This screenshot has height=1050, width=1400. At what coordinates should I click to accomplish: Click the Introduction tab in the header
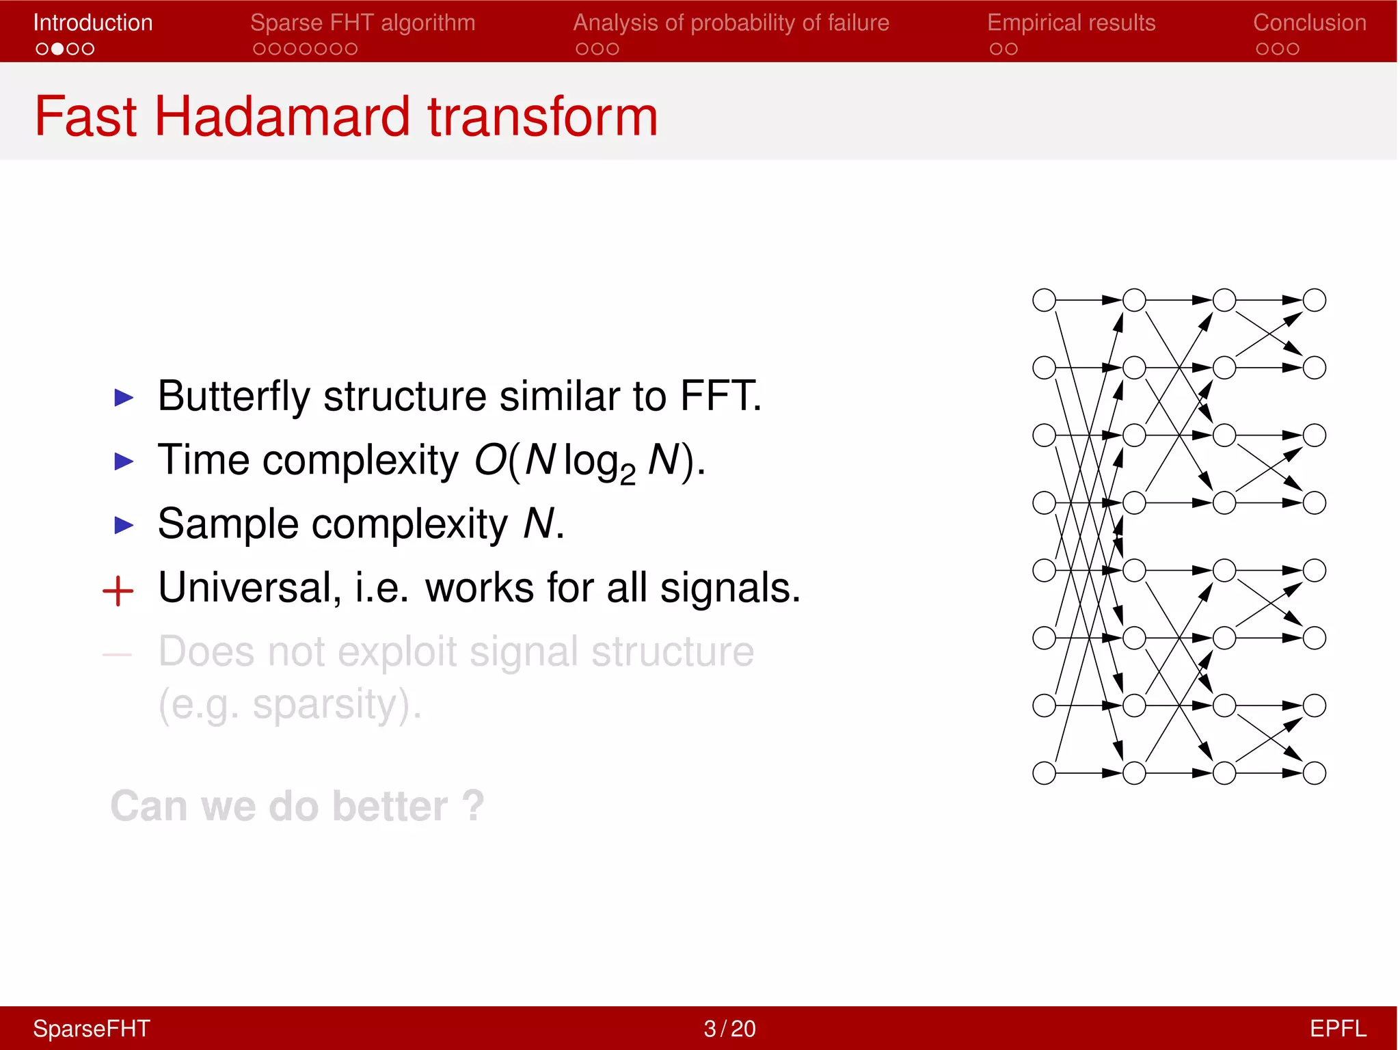pos(93,23)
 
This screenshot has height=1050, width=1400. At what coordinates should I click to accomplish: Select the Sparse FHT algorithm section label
pos(362,23)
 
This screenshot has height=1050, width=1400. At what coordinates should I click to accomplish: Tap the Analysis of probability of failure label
pos(731,23)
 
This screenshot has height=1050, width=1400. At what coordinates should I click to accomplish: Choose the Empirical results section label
pos(1071,23)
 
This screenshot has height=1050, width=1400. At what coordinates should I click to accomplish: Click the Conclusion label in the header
pos(1309,23)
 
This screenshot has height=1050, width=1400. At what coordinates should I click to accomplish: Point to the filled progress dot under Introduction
pos(57,49)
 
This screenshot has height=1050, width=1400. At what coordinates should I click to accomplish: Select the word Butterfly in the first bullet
pos(233,396)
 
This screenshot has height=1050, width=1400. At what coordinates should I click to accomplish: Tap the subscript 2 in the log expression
pos(627,475)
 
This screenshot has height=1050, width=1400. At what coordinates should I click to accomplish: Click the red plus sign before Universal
pos(118,591)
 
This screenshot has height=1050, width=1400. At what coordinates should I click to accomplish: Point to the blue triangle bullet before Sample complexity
pos(124,525)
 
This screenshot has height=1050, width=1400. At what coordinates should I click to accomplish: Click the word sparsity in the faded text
pos(325,704)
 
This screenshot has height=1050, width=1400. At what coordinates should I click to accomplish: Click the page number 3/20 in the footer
pos(729,1028)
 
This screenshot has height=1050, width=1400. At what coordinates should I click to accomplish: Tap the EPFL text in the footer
pos(1337,1028)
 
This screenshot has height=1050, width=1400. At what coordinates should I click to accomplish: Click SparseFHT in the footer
pos(92,1028)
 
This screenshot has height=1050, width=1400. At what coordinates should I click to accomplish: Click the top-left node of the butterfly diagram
pos(1044,300)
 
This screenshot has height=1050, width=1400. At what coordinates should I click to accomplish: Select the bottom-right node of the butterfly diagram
pos(1314,773)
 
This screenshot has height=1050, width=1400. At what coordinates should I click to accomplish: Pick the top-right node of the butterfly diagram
pos(1314,300)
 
